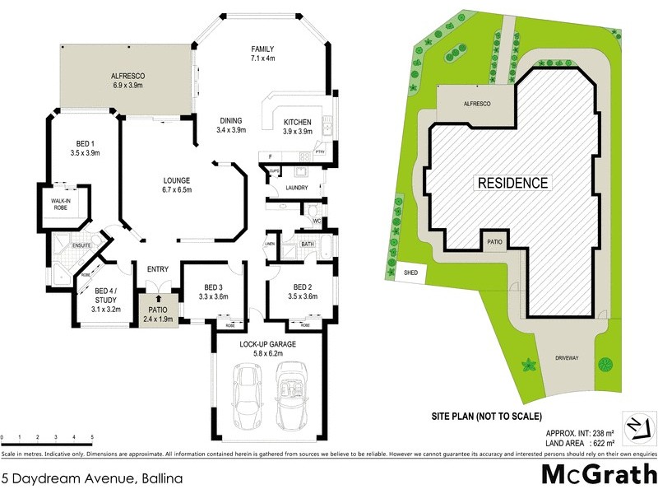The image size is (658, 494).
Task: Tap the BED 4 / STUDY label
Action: pos(107,295)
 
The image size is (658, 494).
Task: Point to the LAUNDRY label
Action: pos(297,188)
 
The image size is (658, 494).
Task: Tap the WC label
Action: pos(316,221)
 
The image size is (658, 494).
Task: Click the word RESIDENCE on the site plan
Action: pos(513,182)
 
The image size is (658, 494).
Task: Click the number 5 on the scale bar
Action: pos(92,437)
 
